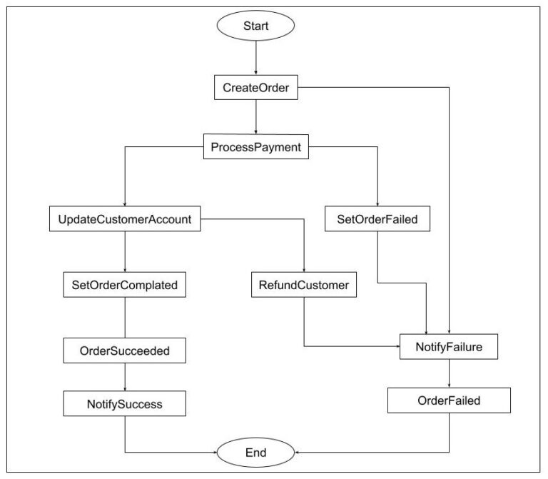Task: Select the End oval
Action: (255, 452)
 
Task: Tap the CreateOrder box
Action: (255, 89)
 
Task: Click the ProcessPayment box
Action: (255, 147)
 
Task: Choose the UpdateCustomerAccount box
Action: (125, 219)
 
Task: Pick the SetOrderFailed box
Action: (377, 219)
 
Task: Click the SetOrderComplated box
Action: (125, 285)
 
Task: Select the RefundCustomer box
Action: (304, 285)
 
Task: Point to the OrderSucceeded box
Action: (125, 350)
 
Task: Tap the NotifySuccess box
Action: (125, 404)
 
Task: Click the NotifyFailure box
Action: (447, 348)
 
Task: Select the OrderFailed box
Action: (449, 400)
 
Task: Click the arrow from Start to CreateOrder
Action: (255, 59)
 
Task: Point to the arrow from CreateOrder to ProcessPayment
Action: (255, 117)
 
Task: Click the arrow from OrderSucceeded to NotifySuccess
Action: (125, 377)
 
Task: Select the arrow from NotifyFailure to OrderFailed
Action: (448, 374)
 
